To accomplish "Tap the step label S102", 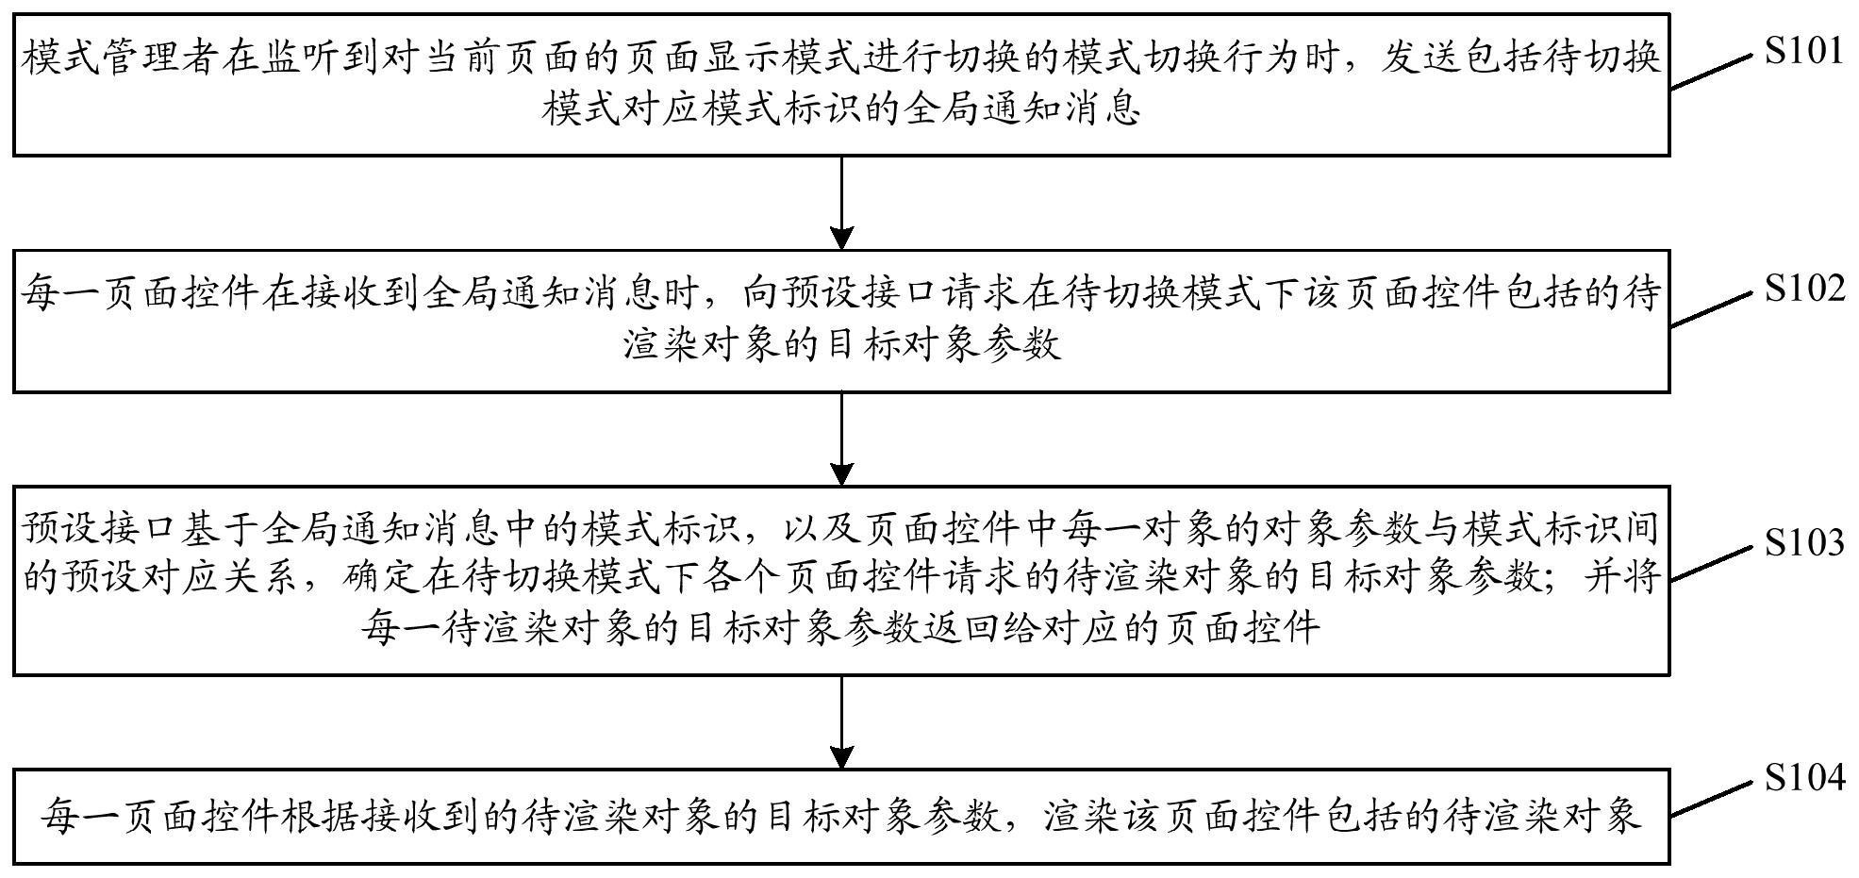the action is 1804,288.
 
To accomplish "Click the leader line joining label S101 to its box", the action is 1710,71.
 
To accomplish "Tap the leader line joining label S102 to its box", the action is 1710,308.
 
